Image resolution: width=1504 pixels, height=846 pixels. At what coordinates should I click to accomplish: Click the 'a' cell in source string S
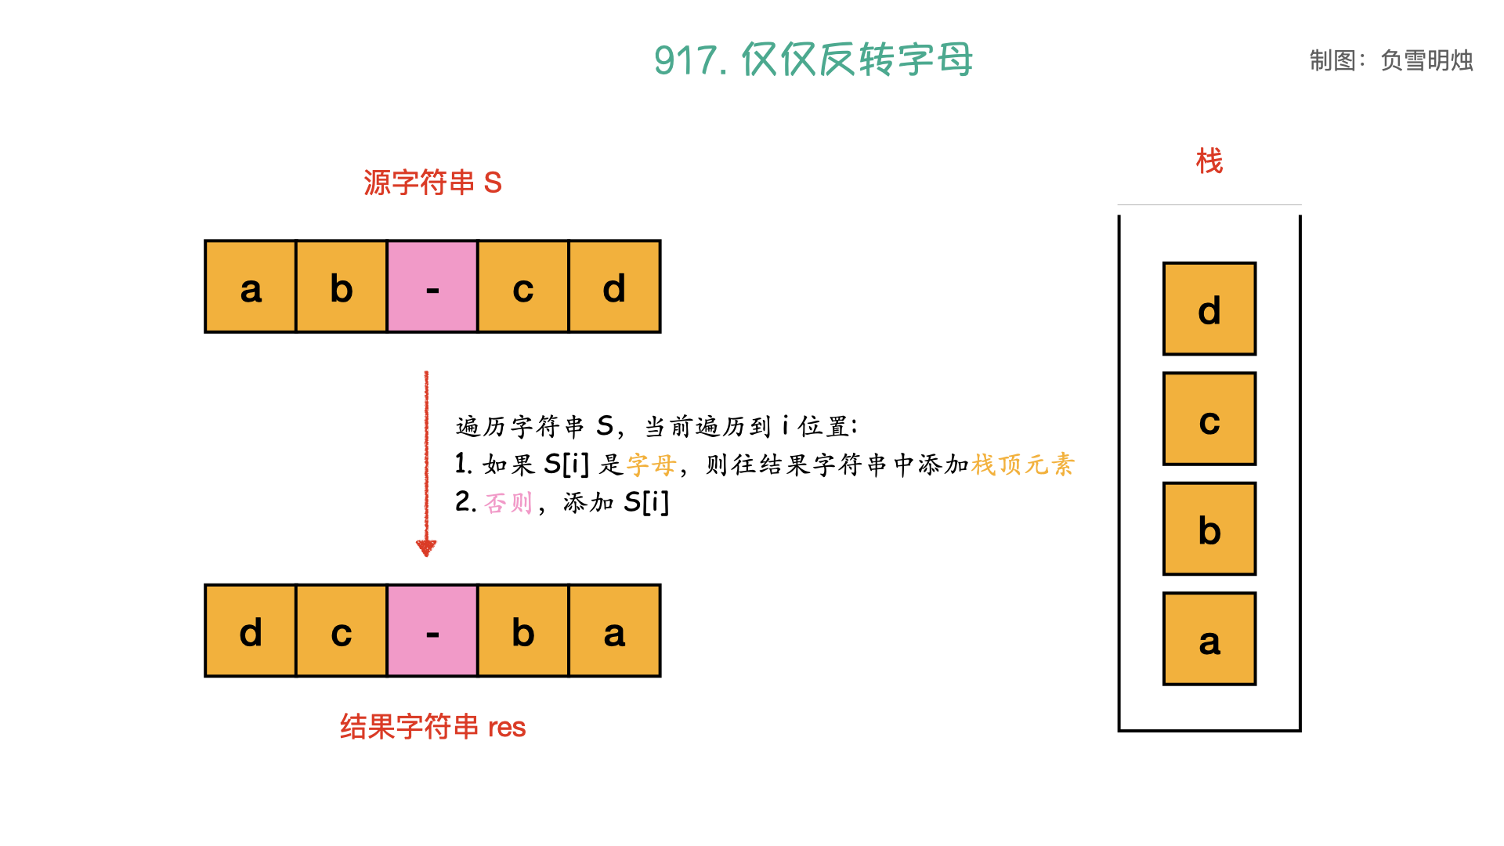251,287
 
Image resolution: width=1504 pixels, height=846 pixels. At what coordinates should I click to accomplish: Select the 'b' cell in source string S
342,287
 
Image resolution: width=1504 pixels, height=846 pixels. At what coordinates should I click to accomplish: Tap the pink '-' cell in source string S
432,287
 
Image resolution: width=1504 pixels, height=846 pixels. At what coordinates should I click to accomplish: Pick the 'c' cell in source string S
523,287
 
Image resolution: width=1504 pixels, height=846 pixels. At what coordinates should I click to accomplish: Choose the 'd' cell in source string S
614,287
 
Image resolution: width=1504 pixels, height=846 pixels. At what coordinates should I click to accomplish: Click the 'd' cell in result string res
251,631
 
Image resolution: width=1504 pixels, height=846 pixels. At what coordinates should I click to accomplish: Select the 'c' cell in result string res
342,631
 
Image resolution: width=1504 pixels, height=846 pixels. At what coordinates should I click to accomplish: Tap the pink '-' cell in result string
432,631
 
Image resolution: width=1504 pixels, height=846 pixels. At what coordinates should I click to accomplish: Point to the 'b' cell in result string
523,631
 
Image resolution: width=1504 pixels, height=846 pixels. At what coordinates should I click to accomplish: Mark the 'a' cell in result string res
614,631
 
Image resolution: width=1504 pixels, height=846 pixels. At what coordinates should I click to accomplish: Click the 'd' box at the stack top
1209,309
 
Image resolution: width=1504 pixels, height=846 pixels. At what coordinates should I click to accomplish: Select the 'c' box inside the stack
1209,419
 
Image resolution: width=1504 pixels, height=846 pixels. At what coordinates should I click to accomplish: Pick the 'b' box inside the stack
1209,529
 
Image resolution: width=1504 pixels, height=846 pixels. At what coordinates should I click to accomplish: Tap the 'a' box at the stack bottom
1209,639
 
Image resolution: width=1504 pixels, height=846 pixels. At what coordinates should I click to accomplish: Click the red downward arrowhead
426,548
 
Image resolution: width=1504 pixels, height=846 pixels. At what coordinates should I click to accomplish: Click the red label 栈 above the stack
1209,161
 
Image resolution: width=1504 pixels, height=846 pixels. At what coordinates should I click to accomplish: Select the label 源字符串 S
432,183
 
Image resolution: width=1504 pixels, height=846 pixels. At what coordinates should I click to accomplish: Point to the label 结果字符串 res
432,727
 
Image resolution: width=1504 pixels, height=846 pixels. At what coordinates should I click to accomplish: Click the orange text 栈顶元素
1023,465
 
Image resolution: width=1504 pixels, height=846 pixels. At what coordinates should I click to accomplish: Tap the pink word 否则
508,502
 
